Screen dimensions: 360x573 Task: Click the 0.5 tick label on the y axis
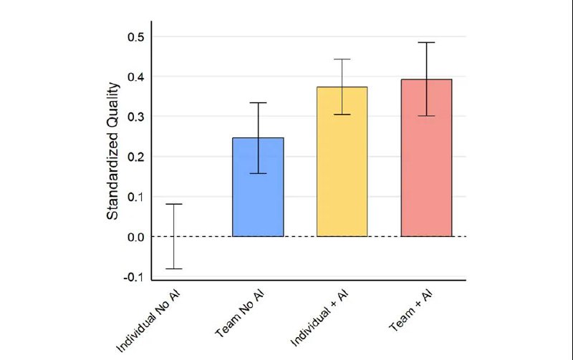[136, 37]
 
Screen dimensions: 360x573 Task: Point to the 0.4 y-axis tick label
[136, 77]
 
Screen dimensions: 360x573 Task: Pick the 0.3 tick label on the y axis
[136, 117]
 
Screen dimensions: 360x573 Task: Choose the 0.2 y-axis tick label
[136, 157]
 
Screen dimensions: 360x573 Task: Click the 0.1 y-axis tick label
[136, 197]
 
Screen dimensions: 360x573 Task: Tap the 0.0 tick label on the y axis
[136, 237]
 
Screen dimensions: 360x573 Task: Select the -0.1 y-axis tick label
[135, 277]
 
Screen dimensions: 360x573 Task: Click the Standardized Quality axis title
[113, 156]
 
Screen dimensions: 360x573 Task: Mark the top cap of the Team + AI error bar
[426, 42]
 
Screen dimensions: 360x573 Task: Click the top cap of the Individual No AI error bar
[173, 204]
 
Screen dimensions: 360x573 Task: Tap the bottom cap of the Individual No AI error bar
[173, 268]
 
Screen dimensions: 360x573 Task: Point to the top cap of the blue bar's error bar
[258, 102]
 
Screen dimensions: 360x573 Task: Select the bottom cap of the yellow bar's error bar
[342, 115]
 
